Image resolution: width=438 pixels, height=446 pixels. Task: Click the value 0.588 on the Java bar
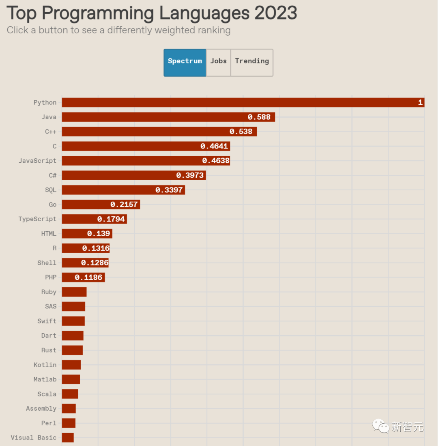click(259, 117)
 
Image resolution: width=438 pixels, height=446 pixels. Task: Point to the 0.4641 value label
click(214, 147)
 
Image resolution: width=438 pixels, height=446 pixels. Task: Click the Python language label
click(45, 103)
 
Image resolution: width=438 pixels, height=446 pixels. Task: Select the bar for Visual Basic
click(68, 437)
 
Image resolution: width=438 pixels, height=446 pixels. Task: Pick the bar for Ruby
click(74, 292)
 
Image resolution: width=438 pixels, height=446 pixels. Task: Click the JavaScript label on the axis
click(38, 161)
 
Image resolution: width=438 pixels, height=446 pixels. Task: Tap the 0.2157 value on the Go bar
click(124, 205)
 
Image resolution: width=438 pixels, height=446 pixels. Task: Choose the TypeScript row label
click(37, 219)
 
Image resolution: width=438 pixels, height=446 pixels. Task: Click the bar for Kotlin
click(71, 365)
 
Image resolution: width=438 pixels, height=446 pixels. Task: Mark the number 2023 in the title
click(276, 13)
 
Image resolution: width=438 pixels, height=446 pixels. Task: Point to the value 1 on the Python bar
click(421, 103)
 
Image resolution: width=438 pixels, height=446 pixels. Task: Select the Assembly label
click(41, 409)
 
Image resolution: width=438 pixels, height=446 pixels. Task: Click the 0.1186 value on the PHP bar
click(88, 278)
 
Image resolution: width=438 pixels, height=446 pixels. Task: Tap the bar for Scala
click(70, 394)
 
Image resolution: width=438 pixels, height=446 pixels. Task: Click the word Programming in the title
click(97, 13)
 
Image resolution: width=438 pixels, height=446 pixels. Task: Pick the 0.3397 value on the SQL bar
click(169, 190)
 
